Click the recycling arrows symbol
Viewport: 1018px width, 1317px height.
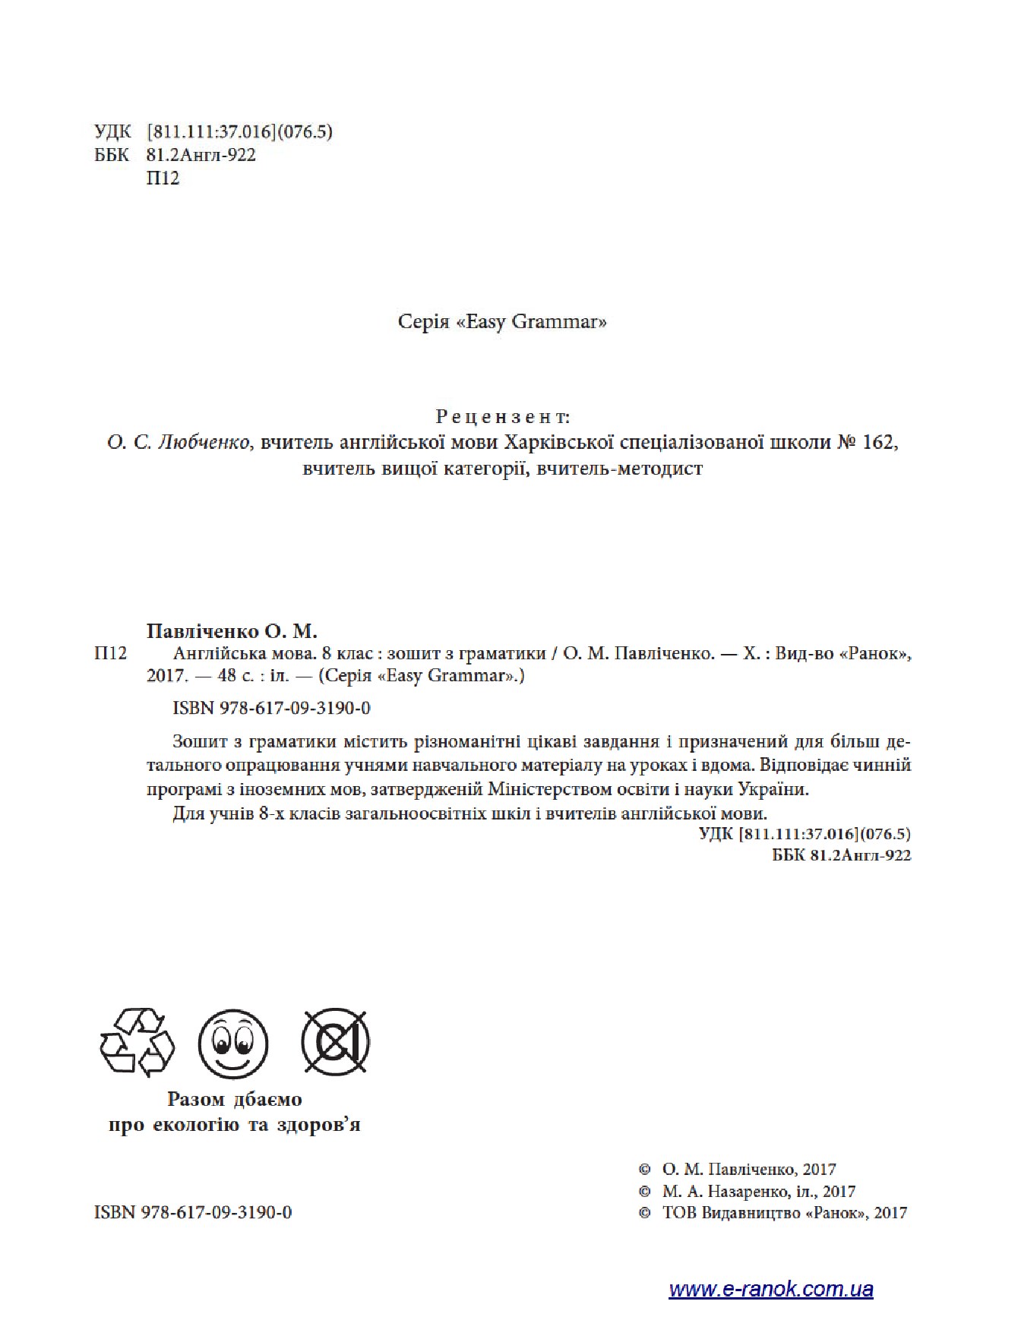[x=137, y=1041]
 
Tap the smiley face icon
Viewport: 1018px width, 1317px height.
[x=233, y=1043]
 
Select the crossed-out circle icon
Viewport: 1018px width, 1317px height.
[x=335, y=1041]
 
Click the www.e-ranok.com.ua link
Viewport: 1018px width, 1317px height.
[x=770, y=1289]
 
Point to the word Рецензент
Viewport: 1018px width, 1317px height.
[x=502, y=416]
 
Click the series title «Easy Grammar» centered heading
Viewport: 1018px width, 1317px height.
[x=502, y=321]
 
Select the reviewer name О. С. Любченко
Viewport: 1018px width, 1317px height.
[x=179, y=442]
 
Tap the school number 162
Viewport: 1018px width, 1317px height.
[x=880, y=442]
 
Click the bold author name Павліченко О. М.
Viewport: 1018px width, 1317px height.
[x=232, y=631]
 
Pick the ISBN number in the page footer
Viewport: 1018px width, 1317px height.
[x=193, y=1212]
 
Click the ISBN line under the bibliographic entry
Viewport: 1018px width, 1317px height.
[x=271, y=708]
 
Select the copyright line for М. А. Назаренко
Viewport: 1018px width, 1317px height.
[x=758, y=1191]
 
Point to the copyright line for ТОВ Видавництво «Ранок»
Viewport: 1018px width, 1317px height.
[x=784, y=1212]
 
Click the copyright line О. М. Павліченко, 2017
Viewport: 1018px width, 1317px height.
[x=748, y=1170]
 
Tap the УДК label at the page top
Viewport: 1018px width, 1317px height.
[x=112, y=132]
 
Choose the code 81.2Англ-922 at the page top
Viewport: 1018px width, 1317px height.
[x=201, y=155]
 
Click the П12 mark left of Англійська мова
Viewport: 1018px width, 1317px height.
[x=110, y=653]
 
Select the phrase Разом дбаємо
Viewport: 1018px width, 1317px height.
[x=234, y=1099]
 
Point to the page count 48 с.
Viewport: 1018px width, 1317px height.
[x=236, y=675]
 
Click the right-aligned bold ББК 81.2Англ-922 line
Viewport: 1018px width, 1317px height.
[x=841, y=854]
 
